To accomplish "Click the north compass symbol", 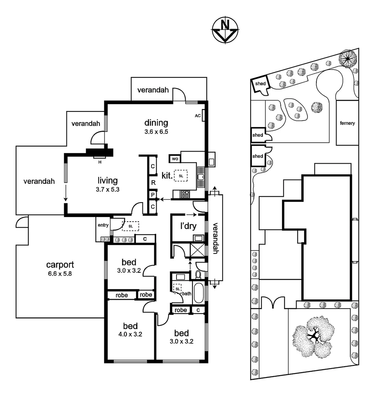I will tap(225, 29).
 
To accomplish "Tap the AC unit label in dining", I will tap(198, 116).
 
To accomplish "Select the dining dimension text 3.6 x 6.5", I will tap(156, 132).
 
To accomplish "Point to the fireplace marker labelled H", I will tap(100, 162).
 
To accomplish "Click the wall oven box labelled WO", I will tap(174, 158).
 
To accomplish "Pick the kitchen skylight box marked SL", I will tap(181, 175).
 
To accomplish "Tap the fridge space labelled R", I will tap(153, 183).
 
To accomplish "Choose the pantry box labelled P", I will tap(153, 195).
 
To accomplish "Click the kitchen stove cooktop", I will tap(185, 194).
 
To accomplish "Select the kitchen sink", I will tap(201, 177).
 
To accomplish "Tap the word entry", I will tap(103, 225).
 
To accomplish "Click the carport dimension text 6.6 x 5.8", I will tap(60, 274).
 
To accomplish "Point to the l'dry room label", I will tap(188, 226).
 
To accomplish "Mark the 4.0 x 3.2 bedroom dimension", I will tap(130, 335).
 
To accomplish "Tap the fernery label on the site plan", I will tap(347, 123).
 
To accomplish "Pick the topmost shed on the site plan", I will tap(260, 84).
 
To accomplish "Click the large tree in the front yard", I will tap(313, 336).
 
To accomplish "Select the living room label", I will tap(107, 181).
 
